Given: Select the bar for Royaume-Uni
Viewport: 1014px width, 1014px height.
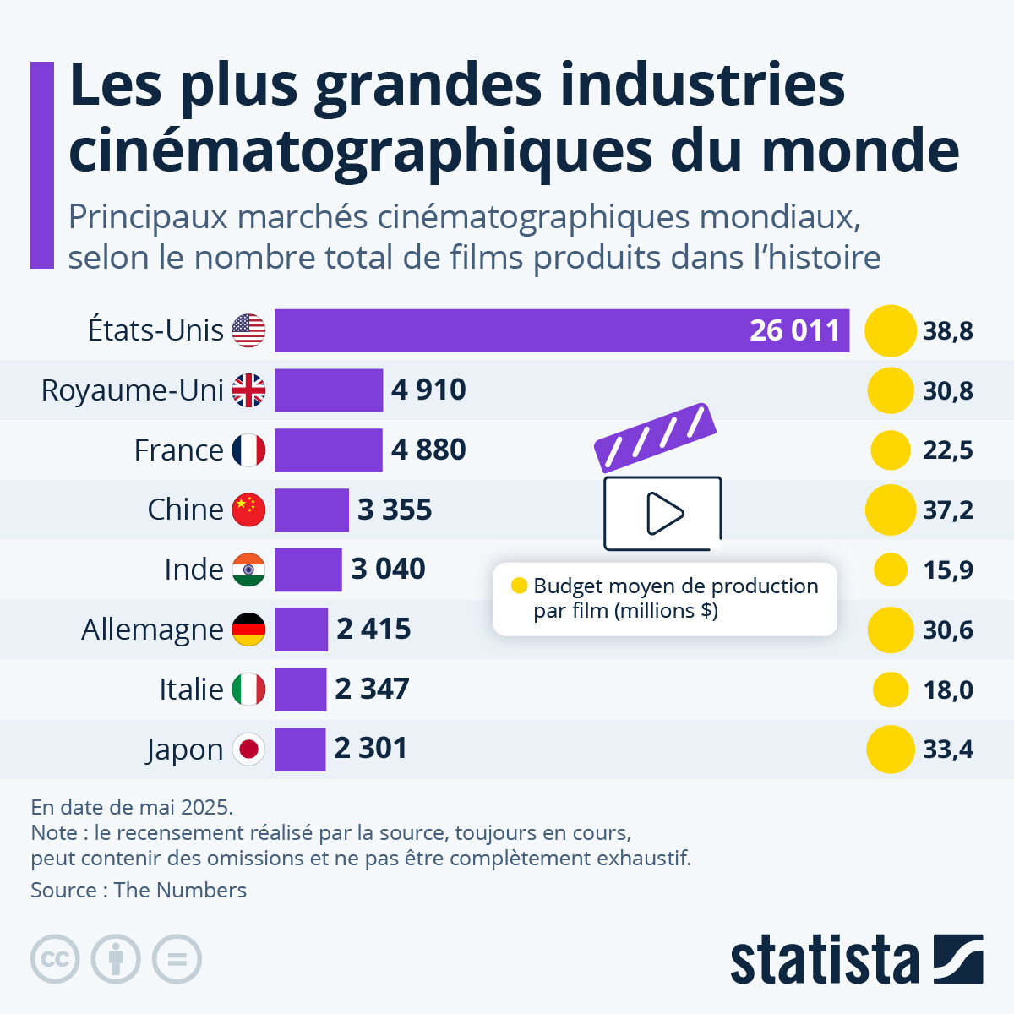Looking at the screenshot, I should pyautogui.click(x=329, y=390).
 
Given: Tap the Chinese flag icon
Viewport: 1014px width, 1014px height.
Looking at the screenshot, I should pyautogui.click(x=248, y=510).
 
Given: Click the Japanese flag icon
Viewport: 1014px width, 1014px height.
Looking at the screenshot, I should pyautogui.click(x=248, y=749).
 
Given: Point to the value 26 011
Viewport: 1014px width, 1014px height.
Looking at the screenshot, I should pyautogui.click(x=794, y=330).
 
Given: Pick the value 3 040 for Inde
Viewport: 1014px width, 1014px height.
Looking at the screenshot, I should pyautogui.click(x=388, y=570).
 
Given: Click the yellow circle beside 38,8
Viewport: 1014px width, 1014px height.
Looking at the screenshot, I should pyautogui.click(x=891, y=330).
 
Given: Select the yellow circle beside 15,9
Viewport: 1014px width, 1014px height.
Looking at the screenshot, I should pyautogui.click(x=891, y=570).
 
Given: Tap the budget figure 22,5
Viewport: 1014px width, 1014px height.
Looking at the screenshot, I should pyautogui.click(x=947, y=450).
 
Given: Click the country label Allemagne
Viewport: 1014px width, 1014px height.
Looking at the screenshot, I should pyautogui.click(x=152, y=630).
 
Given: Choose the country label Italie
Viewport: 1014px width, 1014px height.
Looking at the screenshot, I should pyautogui.click(x=191, y=690).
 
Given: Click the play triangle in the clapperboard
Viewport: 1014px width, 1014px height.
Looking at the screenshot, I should pyautogui.click(x=664, y=513).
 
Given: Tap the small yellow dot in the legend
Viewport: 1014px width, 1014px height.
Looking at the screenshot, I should pyautogui.click(x=520, y=586).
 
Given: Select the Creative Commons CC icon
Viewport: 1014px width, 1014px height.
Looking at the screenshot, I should pyautogui.click(x=55, y=959).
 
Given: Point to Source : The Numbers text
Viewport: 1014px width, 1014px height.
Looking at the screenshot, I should pyautogui.click(x=139, y=890).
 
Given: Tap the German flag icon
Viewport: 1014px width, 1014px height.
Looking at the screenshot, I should pyautogui.click(x=248, y=630).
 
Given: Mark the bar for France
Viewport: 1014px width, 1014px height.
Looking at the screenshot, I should pyautogui.click(x=328, y=450).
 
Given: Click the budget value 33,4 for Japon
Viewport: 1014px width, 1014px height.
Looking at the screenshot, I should pyautogui.click(x=947, y=750).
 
